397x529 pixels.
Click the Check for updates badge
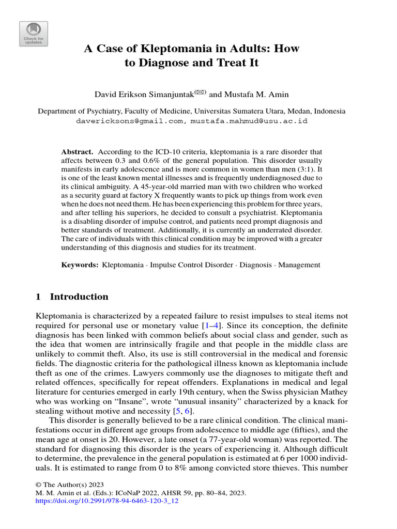point(34,34)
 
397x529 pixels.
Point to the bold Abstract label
point(77,152)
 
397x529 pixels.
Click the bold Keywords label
point(80,264)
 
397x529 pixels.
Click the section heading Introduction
point(79,297)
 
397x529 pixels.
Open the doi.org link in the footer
point(106,501)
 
